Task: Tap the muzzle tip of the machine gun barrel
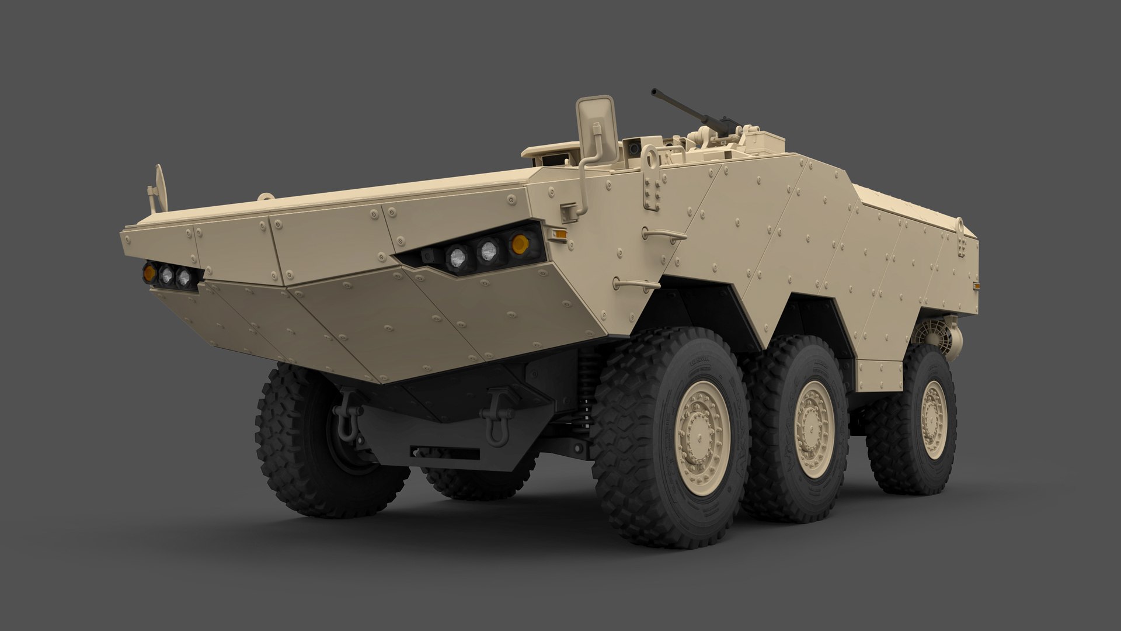pos(654,91)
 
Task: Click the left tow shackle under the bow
pos(346,416)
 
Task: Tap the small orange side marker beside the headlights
pos(559,234)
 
